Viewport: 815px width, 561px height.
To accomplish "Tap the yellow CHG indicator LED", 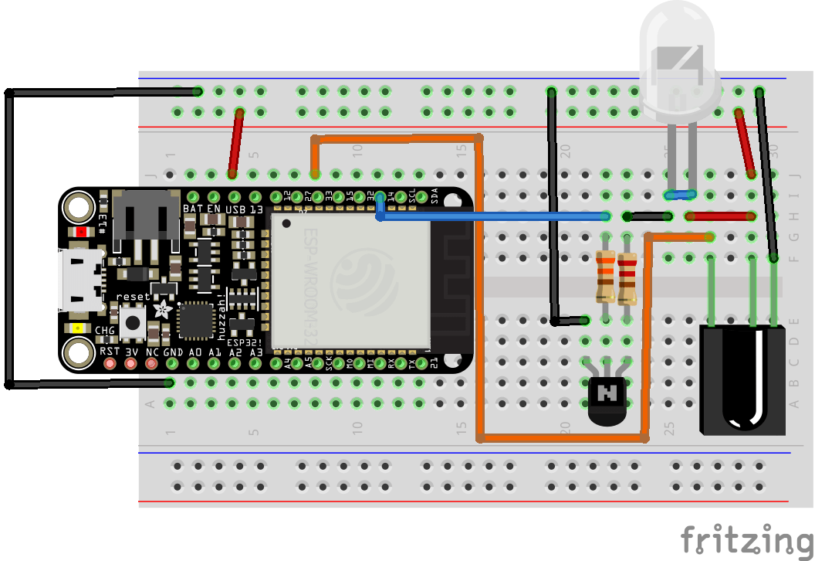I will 78,328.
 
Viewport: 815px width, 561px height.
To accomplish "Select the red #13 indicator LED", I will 83,232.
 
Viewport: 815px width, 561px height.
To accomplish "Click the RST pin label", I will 110,352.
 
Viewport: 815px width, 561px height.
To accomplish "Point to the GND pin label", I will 172,352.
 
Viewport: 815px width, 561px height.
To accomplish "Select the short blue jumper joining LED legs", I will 680,195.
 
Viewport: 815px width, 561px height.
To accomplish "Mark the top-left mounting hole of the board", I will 79,207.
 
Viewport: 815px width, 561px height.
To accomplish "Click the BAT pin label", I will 192,209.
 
